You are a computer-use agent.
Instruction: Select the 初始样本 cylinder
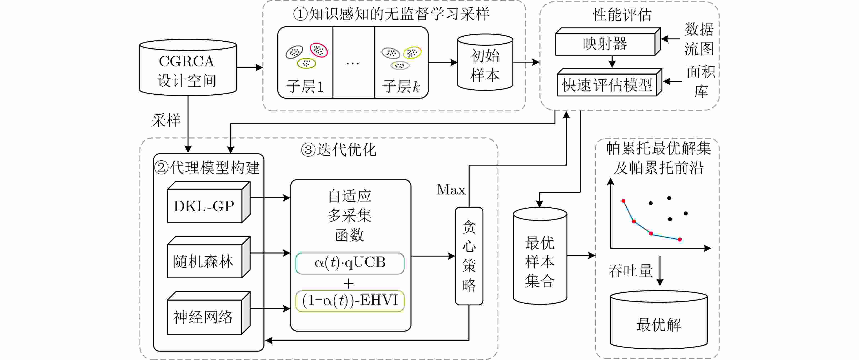pos(485,63)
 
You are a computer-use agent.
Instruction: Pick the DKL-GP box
pos(204,206)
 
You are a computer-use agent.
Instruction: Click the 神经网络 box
pos(204,317)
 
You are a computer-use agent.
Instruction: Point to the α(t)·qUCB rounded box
pos(350,263)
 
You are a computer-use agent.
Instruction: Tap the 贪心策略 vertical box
pos(469,256)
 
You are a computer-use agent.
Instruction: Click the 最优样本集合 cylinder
pos(540,257)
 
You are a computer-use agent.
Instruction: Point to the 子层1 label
pos(305,86)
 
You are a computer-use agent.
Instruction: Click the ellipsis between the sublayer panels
pos(353,63)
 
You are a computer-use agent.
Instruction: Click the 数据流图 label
pos(699,39)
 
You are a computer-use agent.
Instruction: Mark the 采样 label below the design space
pos(166,120)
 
